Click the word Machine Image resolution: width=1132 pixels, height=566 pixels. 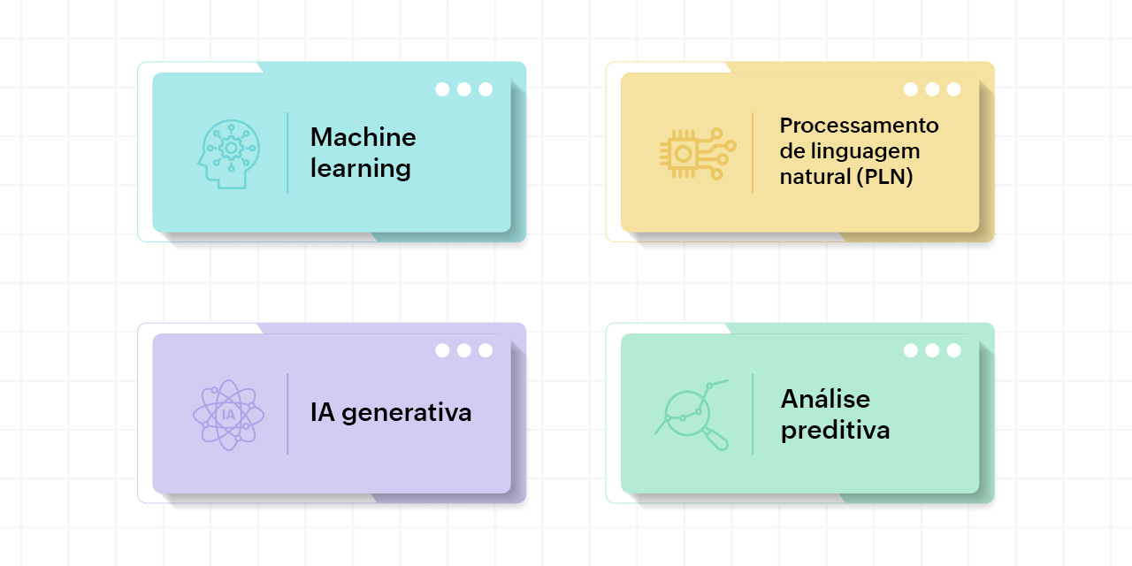pyautogui.click(x=363, y=137)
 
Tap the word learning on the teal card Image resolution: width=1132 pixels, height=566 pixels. pyautogui.click(x=360, y=169)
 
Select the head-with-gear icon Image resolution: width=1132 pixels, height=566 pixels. pyautogui.click(x=229, y=154)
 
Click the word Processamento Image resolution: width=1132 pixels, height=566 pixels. pyautogui.click(x=859, y=126)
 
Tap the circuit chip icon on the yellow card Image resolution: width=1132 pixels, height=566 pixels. pyautogui.click(x=698, y=154)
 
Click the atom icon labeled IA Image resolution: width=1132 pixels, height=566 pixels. pyautogui.click(x=228, y=415)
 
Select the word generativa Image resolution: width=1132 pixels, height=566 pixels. pyautogui.click(x=406, y=413)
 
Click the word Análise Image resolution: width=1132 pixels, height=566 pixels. pyautogui.click(x=825, y=399)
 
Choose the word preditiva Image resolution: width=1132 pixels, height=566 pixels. pyautogui.click(x=835, y=431)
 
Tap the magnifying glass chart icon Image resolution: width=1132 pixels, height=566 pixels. pyautogui.click(x=692, y=415)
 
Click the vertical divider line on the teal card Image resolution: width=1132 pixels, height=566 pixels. pyautogui.click(x=287, y=153)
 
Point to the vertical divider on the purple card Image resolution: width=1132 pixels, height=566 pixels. pyautogui.click(x=287, y=414)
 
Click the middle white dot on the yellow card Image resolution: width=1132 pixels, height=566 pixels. pyautogui.click(x=932, y=89)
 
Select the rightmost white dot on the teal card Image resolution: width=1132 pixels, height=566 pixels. pyautogui.click(x=486, y=89)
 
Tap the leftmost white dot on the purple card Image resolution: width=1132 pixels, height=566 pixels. pyautogui.click(x=442, y=350)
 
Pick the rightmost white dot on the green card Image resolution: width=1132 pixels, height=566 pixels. pyautogui.click(x=954, y=350)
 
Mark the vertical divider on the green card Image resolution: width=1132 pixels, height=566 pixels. pyautogui.click(x=753, y=414)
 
